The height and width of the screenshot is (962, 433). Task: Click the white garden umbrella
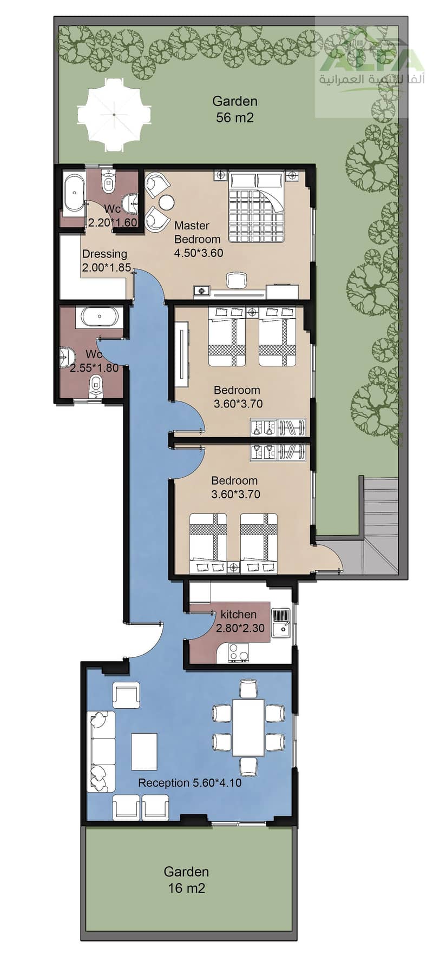tap(115, 115)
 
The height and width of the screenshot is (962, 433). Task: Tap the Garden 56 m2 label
tap(235, 109)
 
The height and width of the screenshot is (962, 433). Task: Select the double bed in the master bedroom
tap(256, 207)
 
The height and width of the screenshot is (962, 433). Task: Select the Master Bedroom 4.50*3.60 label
tap(198, 239)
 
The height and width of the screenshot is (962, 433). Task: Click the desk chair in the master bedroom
tap(235, 280)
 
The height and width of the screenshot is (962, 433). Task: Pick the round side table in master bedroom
tap(166, 202)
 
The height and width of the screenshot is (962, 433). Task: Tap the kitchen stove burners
tap(239, 653)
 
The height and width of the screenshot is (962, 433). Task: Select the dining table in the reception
tap(248, 727)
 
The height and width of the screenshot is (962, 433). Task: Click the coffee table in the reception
tap(144, 751)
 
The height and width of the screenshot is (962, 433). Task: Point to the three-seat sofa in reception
tap(101, 752)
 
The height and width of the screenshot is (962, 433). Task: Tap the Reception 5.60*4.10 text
tap(189, 782)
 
